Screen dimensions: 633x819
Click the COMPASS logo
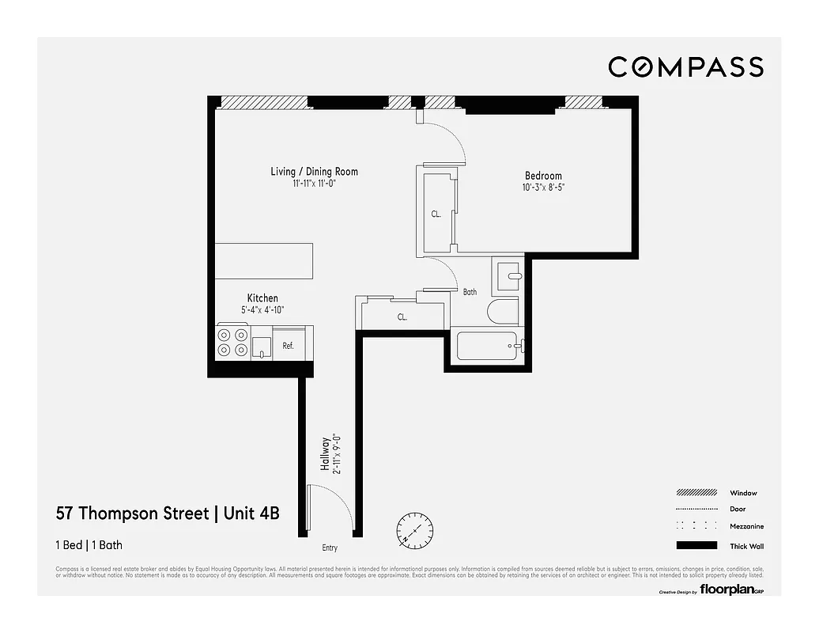point(685,67)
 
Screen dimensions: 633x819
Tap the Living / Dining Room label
point(314,172)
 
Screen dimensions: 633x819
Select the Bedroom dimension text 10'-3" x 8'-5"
point(543,188)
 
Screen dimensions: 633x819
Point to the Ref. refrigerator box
point(289,346)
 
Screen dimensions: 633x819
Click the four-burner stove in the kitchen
point(232,343)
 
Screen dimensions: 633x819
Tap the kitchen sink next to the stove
point(261,347)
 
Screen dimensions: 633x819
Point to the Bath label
point(470,292)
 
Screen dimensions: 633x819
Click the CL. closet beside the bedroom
point(436,212)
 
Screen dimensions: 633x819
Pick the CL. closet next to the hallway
point(402,316)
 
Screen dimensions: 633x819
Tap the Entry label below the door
point(330,548)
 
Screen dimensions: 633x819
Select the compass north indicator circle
point(413,529)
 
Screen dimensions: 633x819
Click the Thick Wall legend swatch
point(696,545)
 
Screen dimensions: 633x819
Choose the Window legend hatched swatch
point(696,492)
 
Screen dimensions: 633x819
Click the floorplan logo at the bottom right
point(727,589)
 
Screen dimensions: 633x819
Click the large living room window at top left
point(263,102)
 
